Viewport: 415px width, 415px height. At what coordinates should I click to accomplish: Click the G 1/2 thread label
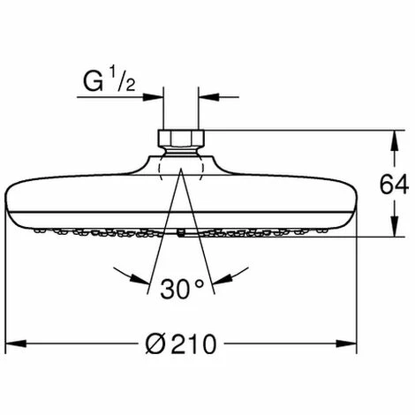109,79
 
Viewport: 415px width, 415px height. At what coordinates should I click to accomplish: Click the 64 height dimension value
394,185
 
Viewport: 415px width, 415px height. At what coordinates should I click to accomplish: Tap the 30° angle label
182,289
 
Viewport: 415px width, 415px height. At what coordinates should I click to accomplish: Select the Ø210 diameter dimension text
181,343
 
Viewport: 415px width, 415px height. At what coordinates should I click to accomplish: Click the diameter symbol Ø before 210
156,343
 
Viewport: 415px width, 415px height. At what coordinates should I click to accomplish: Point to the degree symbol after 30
199,283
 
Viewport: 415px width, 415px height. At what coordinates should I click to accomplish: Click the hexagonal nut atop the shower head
181,139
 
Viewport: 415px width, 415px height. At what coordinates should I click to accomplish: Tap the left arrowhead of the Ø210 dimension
16,343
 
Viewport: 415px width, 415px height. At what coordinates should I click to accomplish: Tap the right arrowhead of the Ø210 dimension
346,343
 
